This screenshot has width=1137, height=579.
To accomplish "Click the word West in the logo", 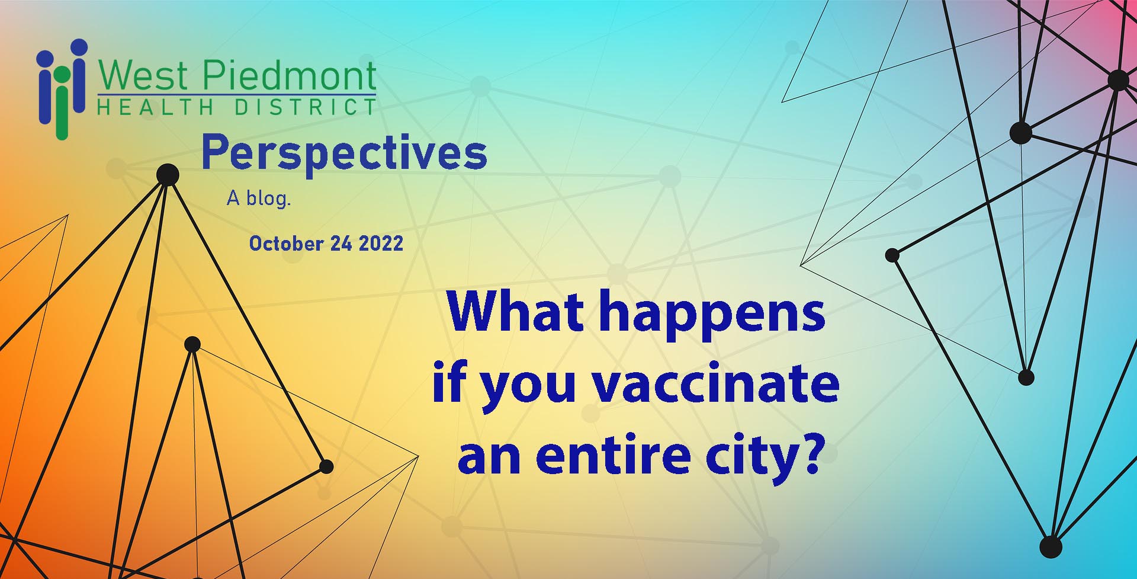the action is [144, 76].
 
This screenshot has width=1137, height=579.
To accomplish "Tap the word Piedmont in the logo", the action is [290, 76].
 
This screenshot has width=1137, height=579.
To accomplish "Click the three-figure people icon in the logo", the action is [62, 89].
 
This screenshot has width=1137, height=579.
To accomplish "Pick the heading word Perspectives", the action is [344, 153].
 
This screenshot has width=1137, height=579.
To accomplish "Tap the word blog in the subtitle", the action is [268, 199].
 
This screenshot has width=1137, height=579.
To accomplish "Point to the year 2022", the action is [381, 244].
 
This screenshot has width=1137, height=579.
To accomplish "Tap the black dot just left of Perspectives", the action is [168, 175].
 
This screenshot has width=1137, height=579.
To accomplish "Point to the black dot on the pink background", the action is [1119, 79].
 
